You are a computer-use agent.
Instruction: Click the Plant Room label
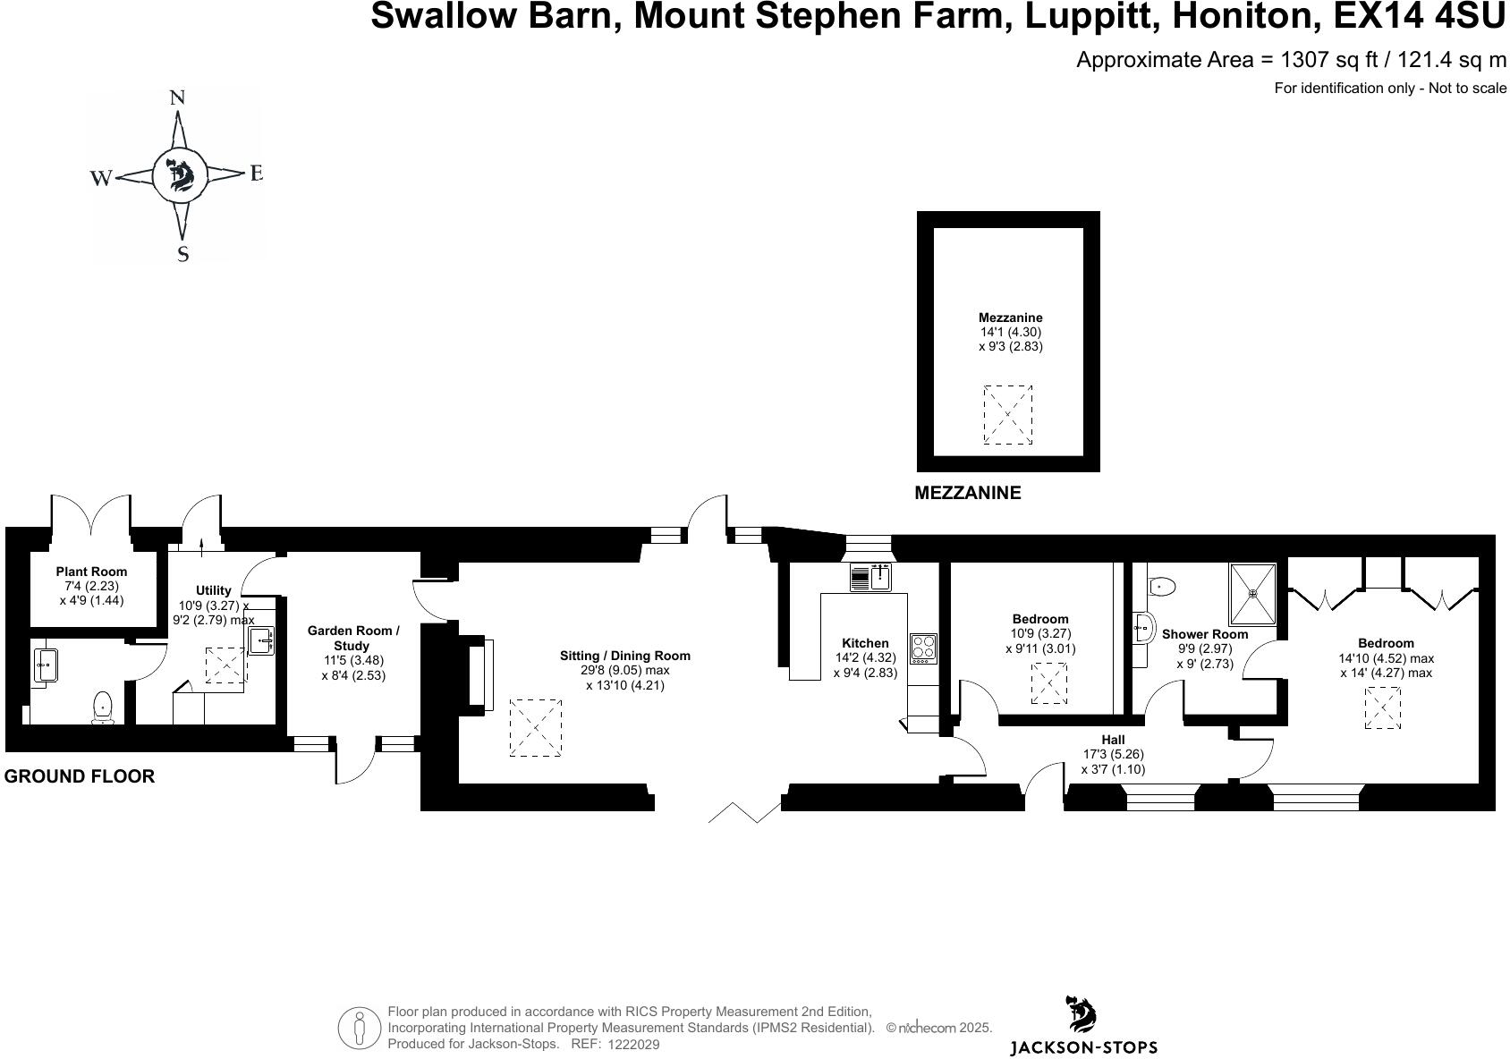[x=91, y=572]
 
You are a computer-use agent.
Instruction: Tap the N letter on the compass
[x=177, y=98]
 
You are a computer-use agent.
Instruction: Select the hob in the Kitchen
[x=923, y=648]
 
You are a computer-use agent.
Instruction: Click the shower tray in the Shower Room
[x=1253, y=593]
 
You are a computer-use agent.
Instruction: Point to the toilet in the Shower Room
[x=1161, y=587]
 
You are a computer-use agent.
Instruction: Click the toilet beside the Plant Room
[x=104, y=707]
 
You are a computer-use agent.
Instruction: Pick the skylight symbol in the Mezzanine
[x=1008, y=414]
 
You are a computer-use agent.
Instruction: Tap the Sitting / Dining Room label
[x=624, y=656]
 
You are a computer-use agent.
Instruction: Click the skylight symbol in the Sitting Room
[x=535, y=728]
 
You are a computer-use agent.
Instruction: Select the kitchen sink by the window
[x=870, y=578]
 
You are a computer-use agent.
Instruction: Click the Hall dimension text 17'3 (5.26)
[x=1113, y=754]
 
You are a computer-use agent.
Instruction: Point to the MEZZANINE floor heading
[x=967, y=493]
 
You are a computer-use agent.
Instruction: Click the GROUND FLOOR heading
[x=80, y=776]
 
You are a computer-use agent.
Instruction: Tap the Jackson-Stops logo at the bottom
[x=1083, y=1029]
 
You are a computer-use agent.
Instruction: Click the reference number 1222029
[x=633, y=1044]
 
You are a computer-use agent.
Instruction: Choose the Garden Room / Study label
[x=353, y=638]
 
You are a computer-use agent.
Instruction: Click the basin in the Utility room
[x=260, y=640]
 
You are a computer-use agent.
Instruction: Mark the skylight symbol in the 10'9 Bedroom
[x=1048, y=683]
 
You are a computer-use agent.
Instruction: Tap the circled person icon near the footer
[x=360, y=1028]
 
